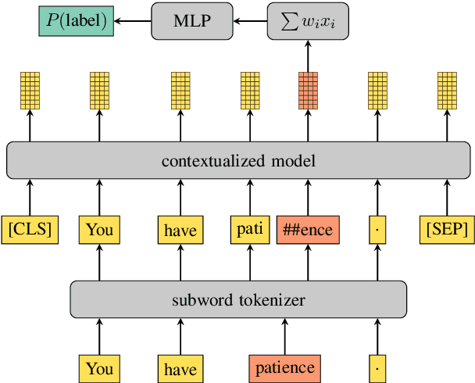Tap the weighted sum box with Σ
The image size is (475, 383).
click(307, 20)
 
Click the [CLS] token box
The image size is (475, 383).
click(30, 230)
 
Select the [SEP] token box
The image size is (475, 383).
click(447, 230)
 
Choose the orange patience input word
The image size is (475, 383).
click(284, 367)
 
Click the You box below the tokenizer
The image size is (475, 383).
click(99, 367)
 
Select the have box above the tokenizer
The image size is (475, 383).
click(180, 230)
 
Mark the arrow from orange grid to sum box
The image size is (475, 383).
click(307, 55)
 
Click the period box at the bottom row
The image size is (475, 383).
click(379, 367)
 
